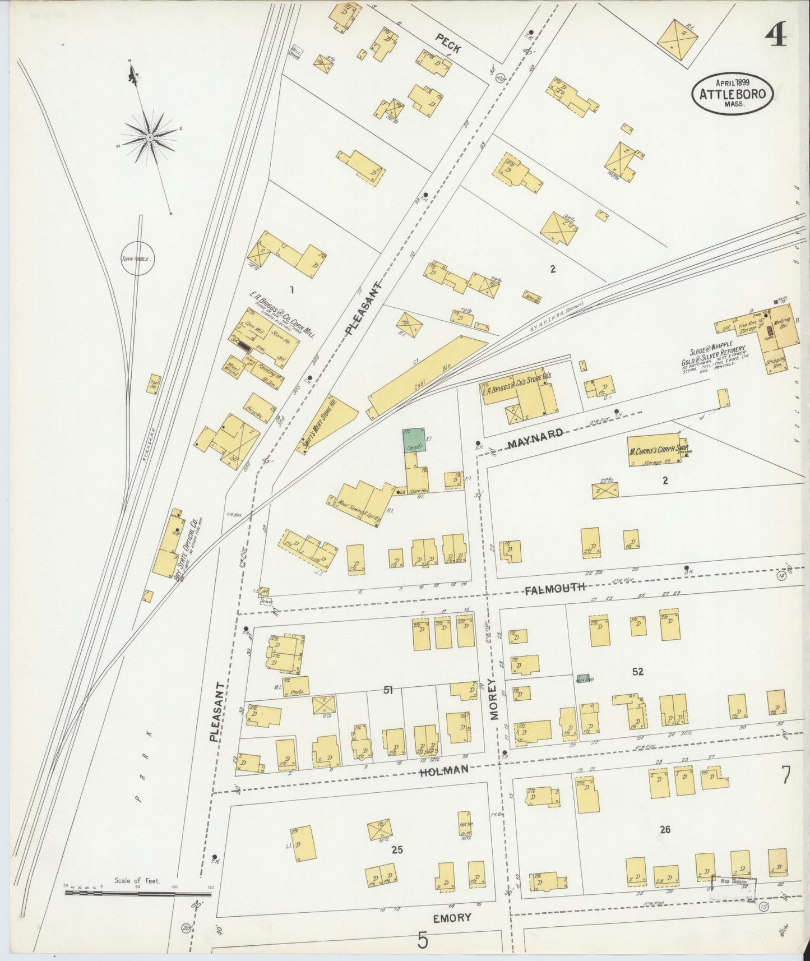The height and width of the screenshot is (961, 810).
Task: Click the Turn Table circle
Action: tap(137, 258)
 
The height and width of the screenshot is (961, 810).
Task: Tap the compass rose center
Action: tap(150, 137)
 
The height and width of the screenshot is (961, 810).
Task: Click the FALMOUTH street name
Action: tap(555, 588)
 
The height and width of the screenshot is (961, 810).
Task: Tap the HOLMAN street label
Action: tap(443, 770)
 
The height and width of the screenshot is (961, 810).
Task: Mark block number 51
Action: tap(387, 691)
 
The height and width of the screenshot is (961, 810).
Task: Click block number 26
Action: tap(665, 829)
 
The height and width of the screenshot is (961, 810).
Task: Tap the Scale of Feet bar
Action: tap(137, 892)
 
